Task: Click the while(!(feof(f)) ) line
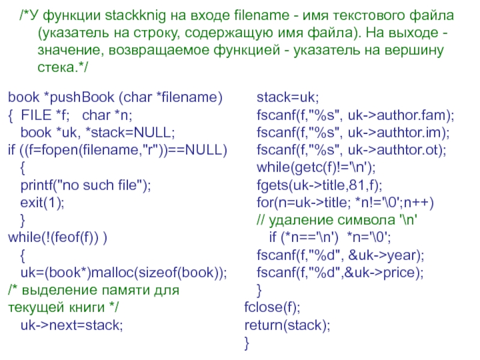click(58, 238)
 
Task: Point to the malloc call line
click(124, 273)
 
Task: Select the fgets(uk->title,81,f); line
click(319, 185)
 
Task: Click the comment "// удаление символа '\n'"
click(336, 220)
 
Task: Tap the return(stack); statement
click(287, 326)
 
